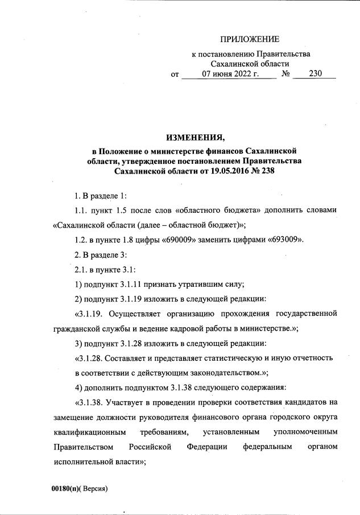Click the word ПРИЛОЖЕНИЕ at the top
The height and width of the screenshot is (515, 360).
(250, 39)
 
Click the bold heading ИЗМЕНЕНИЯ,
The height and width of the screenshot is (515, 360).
(195, 137)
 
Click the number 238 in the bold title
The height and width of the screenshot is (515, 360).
(267, 171)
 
